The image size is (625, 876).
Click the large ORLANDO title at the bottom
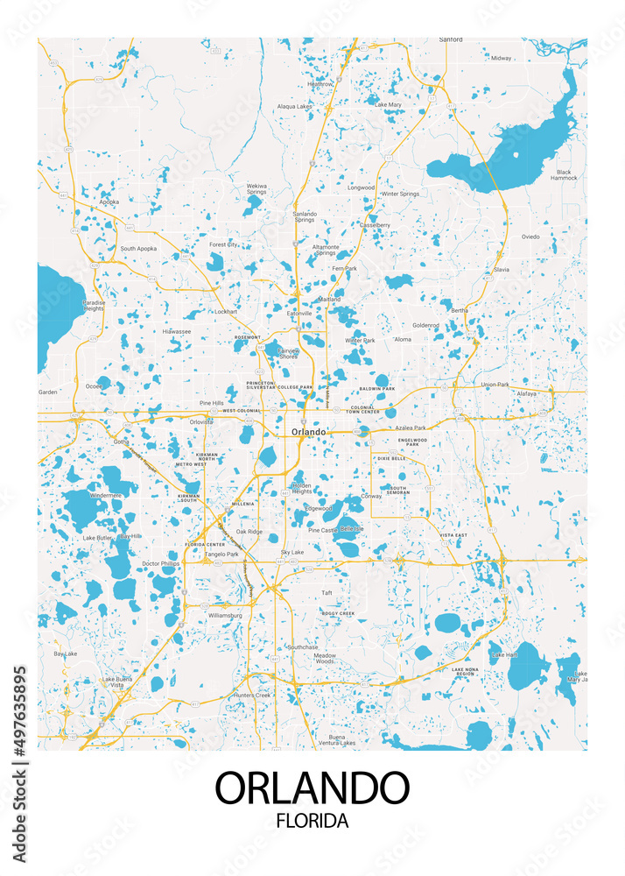click(x=312, y=788)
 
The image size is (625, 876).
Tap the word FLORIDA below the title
click(x=312, y=822)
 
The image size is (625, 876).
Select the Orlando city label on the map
click(x=308, y=432)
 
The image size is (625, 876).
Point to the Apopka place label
click(x=109, y=201)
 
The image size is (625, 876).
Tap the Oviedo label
click(x=531, y=237)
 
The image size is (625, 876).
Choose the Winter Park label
click(x=360, y=340)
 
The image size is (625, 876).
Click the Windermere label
click(x=106, y=495)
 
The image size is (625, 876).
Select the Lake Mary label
click(x=388, y=105)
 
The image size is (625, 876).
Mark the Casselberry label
click(x=375, y=225)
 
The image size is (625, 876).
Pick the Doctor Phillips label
click(x=160, y=563)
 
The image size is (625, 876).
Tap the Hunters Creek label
click(x=253, y=695)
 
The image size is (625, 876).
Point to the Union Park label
click(x=495, y=385)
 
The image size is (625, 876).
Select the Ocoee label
click(x=94, y=385)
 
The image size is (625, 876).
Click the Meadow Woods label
click(x=325, y=659)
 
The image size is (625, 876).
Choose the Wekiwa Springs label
click(x=256, y=189)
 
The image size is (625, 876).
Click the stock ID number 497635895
click(x=20, y=724)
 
